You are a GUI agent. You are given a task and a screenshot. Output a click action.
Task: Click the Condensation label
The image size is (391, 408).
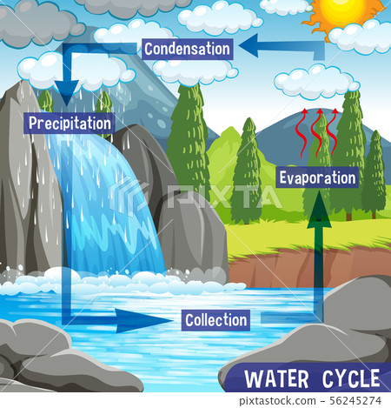pos(188,49)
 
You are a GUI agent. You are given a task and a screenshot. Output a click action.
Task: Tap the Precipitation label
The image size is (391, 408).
pos(70,123)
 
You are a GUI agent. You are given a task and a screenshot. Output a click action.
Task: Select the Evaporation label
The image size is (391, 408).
pos(318,177)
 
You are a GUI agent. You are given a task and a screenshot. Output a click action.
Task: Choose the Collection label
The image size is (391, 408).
pos(216,320)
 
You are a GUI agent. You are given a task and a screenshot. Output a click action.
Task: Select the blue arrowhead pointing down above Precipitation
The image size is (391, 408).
pos(67,87)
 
